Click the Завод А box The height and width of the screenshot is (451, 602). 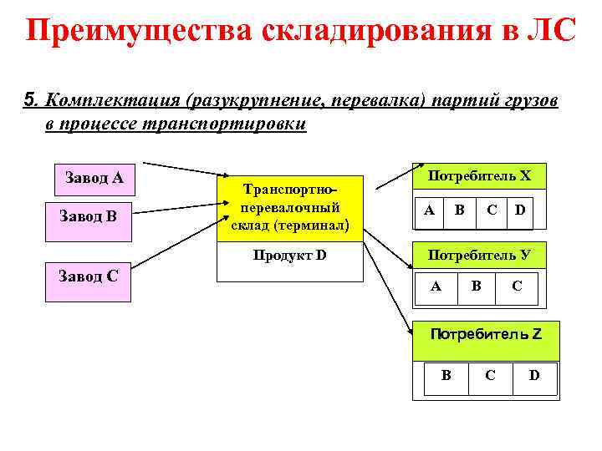[x=94, y=177]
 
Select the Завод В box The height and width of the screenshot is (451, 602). [x=88, y=216]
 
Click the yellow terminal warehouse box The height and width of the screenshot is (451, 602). [x=290, y=209]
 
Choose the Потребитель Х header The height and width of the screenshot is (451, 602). [x=479, y=176]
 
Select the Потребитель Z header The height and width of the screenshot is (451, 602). [x=485, y=334]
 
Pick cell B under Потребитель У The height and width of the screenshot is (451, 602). [x=476, y=286]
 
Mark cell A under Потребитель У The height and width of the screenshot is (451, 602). [x=436, y=286]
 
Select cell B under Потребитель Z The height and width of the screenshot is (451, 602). [x=446, y=375]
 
